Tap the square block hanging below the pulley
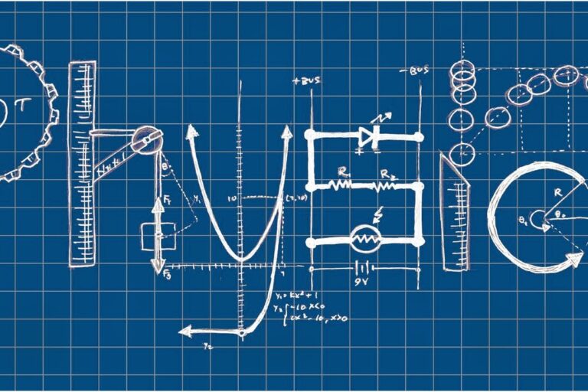coord(158,236)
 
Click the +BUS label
coord(306,80)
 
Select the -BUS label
coord(416,71)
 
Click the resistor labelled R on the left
coord(340,185)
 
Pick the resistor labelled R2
coord(385,185)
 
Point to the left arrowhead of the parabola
coord(192,131)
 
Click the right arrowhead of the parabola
coord(286,132)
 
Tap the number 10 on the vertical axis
coord(231,198)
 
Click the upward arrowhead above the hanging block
coord(158,203)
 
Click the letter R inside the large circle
coord(557,192)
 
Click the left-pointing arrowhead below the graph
coord(185,331)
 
